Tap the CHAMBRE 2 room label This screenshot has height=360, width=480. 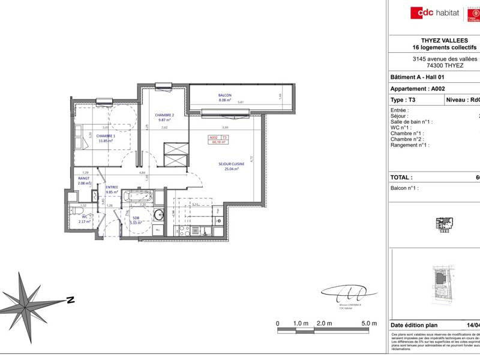pos(164,115)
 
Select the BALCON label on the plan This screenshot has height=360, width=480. pos(224,95)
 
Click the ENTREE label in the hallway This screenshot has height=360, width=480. pos(112,188)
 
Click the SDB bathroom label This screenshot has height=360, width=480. pos(135,219)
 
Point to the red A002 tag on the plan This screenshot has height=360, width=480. pos(213,137)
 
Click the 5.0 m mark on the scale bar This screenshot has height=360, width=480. pos(368,323)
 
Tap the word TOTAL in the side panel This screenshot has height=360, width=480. pos(401,178)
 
